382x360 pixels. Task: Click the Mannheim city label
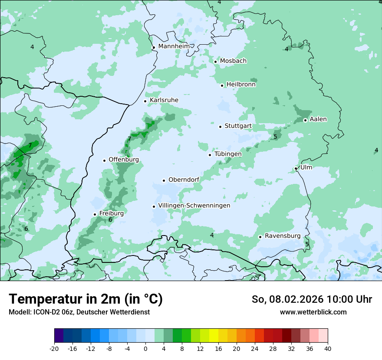click(174, 46)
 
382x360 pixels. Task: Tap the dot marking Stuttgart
click(221, 127)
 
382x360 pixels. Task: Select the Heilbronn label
click(241, 85)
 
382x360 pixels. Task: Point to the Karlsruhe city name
click(164, 100)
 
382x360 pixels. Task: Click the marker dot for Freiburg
click(95, 214)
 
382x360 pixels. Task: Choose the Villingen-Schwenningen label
click(194, 206)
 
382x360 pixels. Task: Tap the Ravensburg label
click(283, 236)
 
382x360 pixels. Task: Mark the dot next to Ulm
click(296, 168)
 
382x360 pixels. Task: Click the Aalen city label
click(318, 119)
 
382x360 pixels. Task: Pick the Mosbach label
click(233, 61)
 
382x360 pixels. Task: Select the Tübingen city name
click(228, 154)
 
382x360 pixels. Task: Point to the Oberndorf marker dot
click(164, 180)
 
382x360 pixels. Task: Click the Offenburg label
click(124, 160)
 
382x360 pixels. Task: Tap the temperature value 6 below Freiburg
click(110, 220)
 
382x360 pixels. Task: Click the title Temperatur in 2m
click(86, 299)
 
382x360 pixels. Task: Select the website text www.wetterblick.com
click(313, 312)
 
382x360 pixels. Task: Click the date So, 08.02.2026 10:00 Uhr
click(312, 299)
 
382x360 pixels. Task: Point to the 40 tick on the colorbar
click(327, 348)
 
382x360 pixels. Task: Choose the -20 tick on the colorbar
click(54, 348)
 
